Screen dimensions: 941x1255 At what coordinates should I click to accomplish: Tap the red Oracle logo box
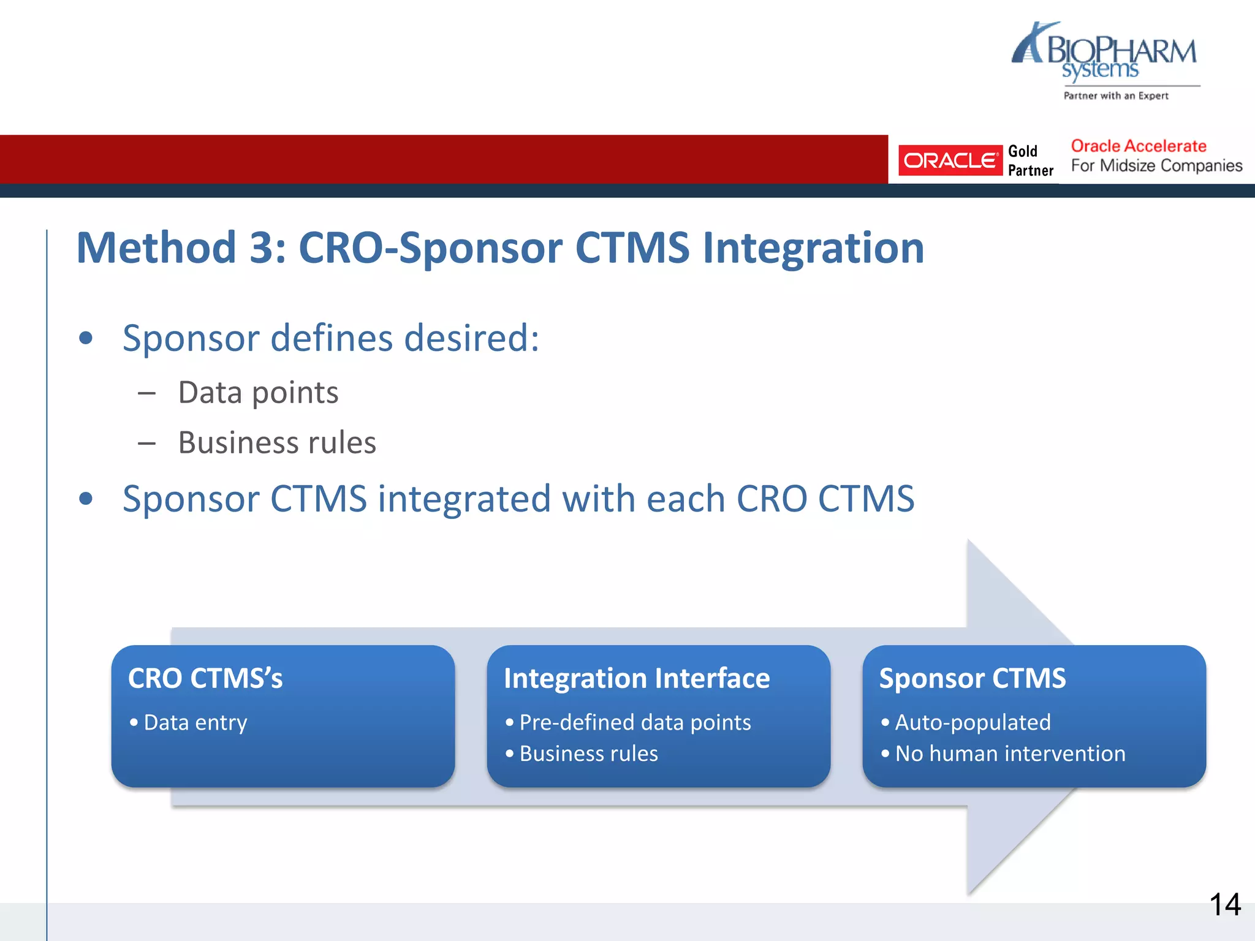[949, 161]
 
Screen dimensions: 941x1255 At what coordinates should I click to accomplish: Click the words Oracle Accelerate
[1138, 146]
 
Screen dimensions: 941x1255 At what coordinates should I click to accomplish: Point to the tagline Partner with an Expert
[1115, 96]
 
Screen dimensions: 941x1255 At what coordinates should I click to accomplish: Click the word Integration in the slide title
[813, 248]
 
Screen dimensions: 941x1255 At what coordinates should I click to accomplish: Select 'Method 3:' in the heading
[181, 248]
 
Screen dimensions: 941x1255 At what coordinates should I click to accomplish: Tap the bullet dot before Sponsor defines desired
[86, 338]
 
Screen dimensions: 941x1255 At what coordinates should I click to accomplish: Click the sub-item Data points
[258, 393]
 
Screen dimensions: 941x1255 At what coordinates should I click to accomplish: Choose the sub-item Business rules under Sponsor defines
[277, 443]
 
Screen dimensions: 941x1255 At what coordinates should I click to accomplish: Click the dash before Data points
[146, 393]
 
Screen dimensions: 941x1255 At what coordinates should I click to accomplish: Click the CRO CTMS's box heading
[205, 678]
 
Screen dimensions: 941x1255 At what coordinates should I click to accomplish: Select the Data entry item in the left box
[195, 723]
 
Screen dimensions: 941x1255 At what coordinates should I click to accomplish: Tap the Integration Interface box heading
[636, 678]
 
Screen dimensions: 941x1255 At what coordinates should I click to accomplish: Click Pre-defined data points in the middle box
[634, 723]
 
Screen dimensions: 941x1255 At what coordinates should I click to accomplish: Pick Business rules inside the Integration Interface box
[588, 754]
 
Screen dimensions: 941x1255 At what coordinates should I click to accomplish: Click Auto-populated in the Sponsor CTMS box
[973, 723]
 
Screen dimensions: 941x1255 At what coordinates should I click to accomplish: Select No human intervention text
[1010, 754]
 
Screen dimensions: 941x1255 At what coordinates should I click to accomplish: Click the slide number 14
[1224, 904]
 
